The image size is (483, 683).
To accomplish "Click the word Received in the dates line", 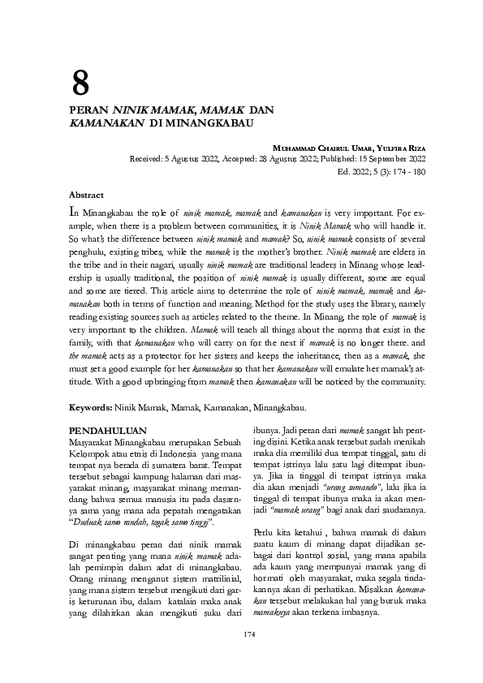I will tap(148, 159).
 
